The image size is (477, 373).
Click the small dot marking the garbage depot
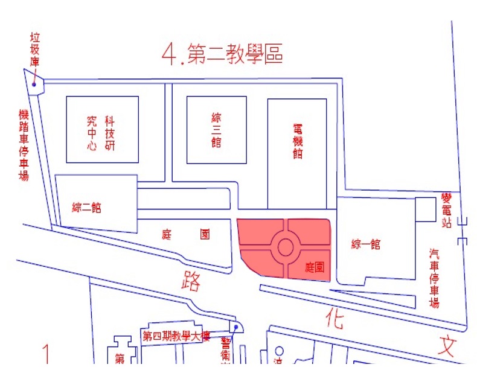tap(34, 84)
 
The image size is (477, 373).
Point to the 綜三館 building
tap(216, 129)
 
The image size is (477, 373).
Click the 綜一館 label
tap(365, 244)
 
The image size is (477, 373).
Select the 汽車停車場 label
tap(434, 278)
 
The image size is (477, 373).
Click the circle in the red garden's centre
tap(286, 247)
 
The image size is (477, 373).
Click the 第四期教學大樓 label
tap(176, 336)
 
